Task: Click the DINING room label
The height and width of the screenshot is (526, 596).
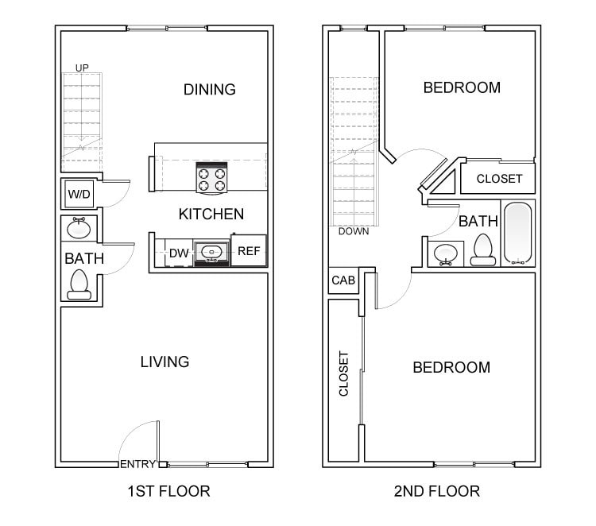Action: [209, 89]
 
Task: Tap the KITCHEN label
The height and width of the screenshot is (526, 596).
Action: [211, 214]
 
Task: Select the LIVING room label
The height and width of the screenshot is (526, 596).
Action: [164, 362]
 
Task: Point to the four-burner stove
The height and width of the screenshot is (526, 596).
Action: [211, 180]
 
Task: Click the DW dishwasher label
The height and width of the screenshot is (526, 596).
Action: [178, 253]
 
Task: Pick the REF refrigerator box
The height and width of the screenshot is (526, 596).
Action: [249, 251]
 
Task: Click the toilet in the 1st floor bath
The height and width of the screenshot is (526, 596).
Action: [79, 284]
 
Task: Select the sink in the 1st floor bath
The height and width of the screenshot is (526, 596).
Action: [79, 229]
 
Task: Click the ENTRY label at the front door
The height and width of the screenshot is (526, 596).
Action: [137, 464]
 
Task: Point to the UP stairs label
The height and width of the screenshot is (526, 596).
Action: [81, 68]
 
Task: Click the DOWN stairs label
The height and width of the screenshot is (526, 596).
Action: [353, 232]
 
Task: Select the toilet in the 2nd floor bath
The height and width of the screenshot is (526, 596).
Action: [482, 249]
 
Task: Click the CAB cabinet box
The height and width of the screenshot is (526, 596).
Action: [343, 280]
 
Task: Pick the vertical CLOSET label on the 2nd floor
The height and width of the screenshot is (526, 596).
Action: [344, 373]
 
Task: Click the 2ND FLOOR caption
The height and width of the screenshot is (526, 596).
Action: [436, 491]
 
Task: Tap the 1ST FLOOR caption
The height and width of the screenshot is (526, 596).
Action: [168, 491]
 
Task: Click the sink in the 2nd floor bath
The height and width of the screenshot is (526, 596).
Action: [445, 253]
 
